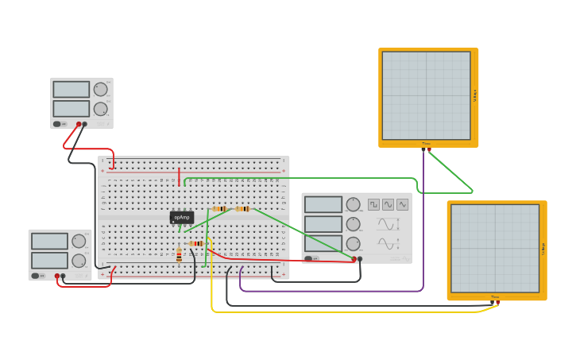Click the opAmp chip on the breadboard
point(182,217)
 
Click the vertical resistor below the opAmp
point(179,254)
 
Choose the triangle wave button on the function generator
point(403,204)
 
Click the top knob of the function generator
point(353,204)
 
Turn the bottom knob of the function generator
point(353,244)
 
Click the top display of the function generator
point(323,204)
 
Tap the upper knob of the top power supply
point(100,89)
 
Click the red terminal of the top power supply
point(79,124)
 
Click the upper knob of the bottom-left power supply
point(79,241)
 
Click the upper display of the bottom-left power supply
point(49,241)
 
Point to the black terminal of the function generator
point(360,259)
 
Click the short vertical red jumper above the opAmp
point(179,176)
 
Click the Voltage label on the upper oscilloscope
point(474,95)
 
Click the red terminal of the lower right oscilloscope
point(498,302)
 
